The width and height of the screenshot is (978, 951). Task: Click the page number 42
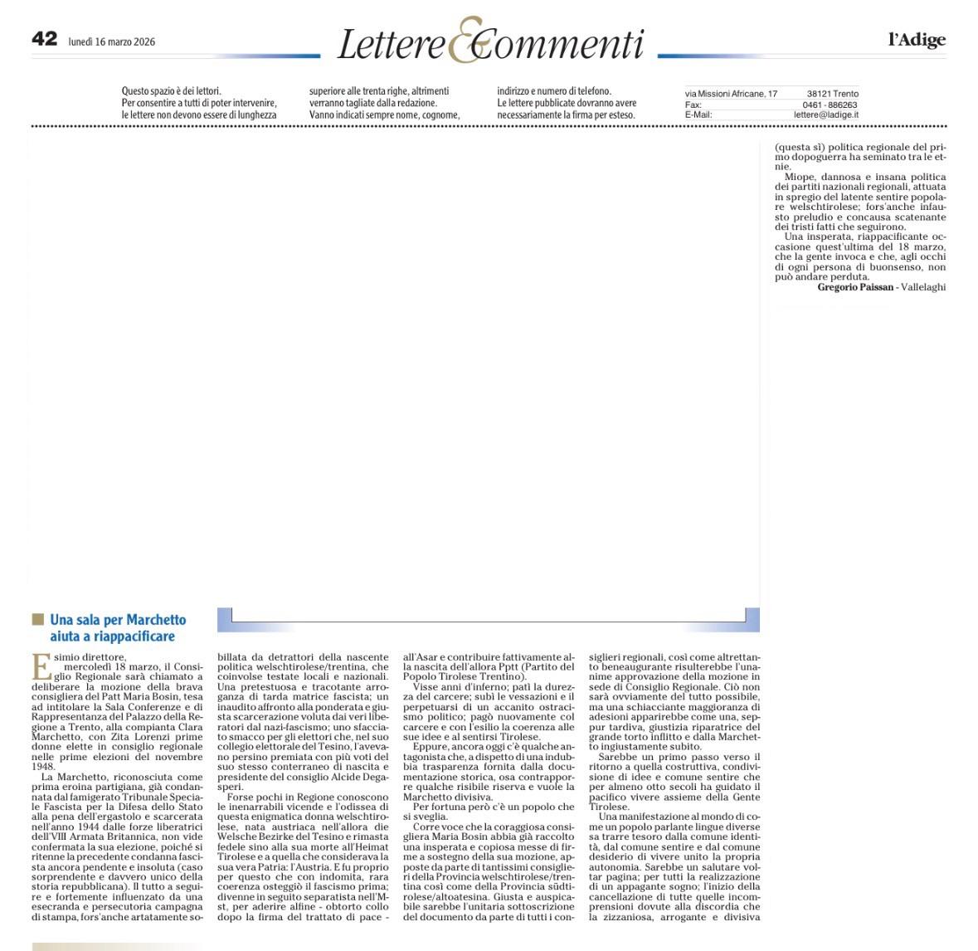(44, 39)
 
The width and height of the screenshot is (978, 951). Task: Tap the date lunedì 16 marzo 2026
(111, 41)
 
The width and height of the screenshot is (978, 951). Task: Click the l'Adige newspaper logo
(917, 39)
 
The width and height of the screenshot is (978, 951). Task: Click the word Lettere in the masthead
(391, 45)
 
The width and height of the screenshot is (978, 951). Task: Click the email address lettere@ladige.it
(825, 115)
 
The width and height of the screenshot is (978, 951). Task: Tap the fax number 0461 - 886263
(830, 105)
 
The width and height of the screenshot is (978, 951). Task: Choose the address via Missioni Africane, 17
(731, 94)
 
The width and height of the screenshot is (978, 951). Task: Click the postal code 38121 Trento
(832, 94)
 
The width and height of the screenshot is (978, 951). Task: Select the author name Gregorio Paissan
(855, 287)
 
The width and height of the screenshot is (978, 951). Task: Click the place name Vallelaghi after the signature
(923, 287)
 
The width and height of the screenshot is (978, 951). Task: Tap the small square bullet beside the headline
(37, 619)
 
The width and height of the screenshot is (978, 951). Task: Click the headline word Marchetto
(157, 620)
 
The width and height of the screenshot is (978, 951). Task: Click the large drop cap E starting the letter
(41, 666)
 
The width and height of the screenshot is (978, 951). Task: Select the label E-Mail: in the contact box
(698, 115)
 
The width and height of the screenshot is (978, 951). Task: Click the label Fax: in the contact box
(693, 105)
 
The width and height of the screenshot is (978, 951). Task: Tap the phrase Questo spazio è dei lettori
(172, 91)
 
